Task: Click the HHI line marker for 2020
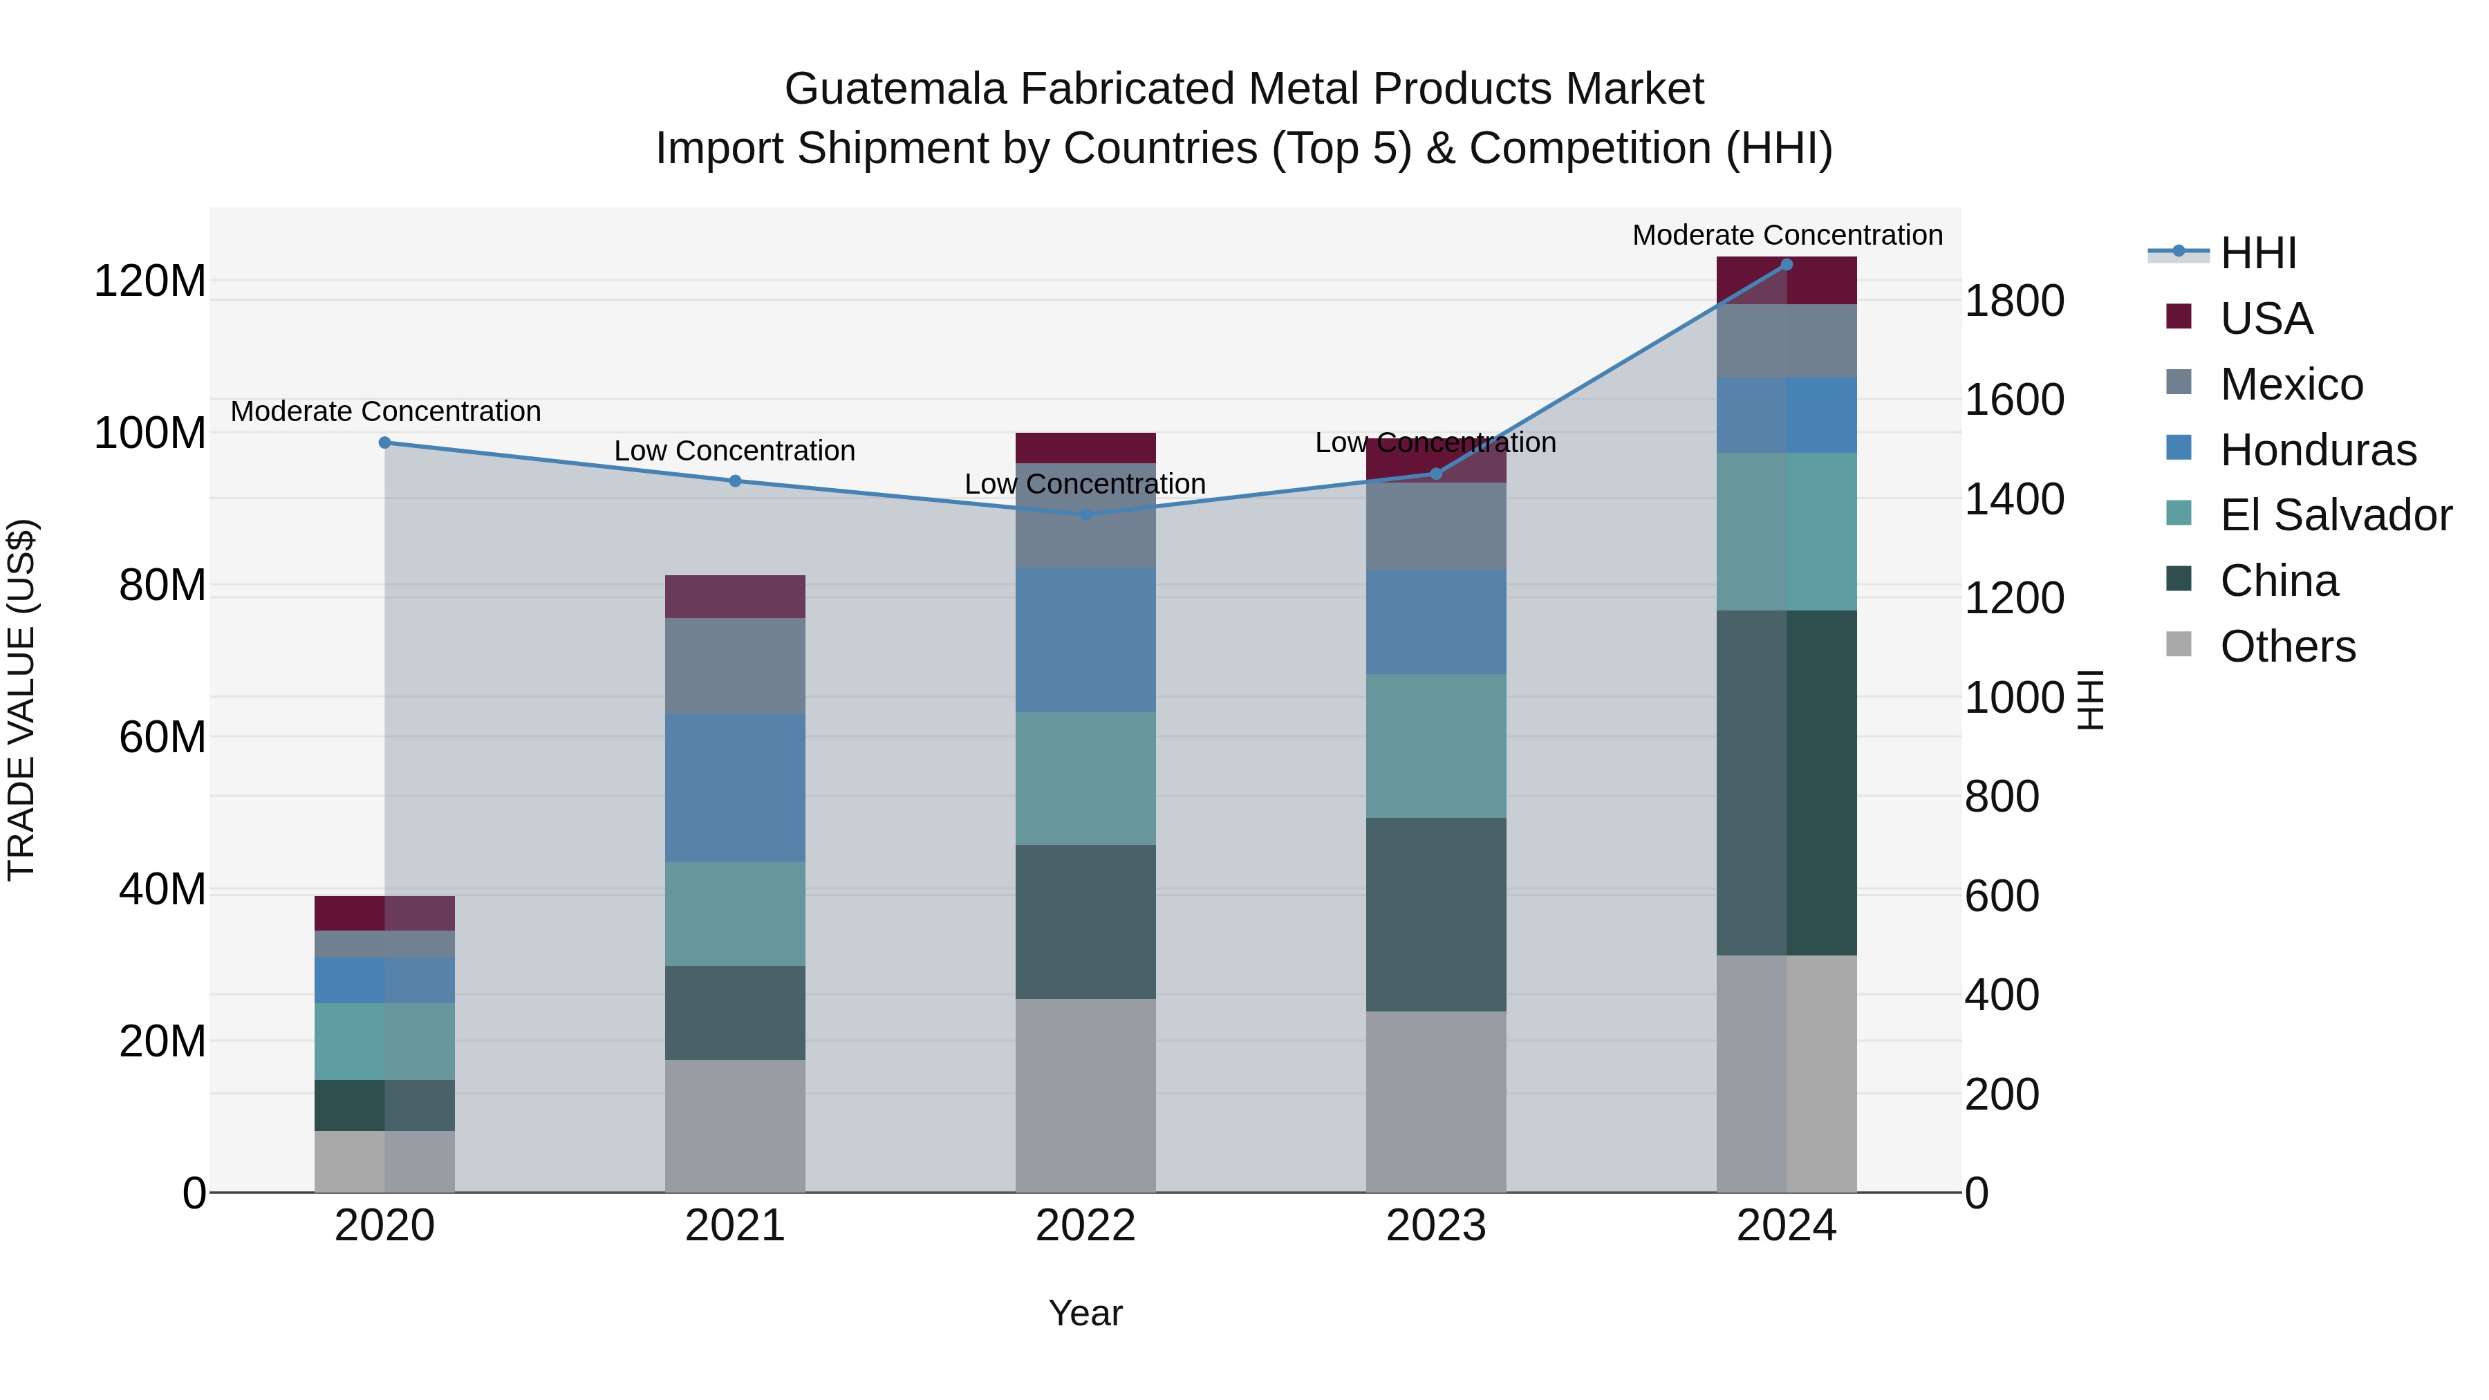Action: (x=384, y=442)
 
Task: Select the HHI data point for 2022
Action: (x=1085, y=514)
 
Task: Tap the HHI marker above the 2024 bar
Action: (x=1787, y=265)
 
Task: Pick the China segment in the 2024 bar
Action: (x=1787, y=783)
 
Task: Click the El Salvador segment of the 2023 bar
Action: (x=1436, y=746)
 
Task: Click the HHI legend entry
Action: (x=2257, y=253)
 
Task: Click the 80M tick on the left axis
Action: (x=162, y=586)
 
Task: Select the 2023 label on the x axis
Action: (x=1436, y=1226)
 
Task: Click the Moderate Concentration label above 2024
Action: (x=1787, y=235)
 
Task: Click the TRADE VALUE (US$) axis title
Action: (x=21, y=700)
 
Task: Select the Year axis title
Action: (x=1085, y=1313)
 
